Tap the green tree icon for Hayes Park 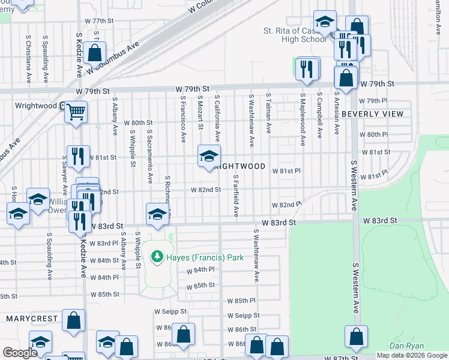pyautogui.click(x=157, y=257)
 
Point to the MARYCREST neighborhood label pyautogui.click(x=32, y=318)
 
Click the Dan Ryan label pyautogui.click(x=406, y=346)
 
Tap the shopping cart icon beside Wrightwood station pyautogui.click(x=76, y=112)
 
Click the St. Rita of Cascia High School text pyautogui.click(x=295, y=35)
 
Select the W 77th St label pyautogui.click(x=99, y=20)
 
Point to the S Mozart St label pyautogui.click(x=200, y=112)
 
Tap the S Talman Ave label pyautogui.click(x=268, y=113)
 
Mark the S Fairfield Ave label pyautogui.click(x=237, y=196)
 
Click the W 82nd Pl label pyautogui.click(x=286, y=205)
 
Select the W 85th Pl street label pyautogui.click(x=241, y=301)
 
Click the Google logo pyautogui.click(x=20, y=353)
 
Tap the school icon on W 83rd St pyautogui.click(x=157, y=214)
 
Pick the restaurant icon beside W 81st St pyautogui.click(x=78, y=156)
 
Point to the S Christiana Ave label pyautogui.click(x=28, y=58)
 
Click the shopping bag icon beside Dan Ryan pyautogui.click(x=356, y=338)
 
